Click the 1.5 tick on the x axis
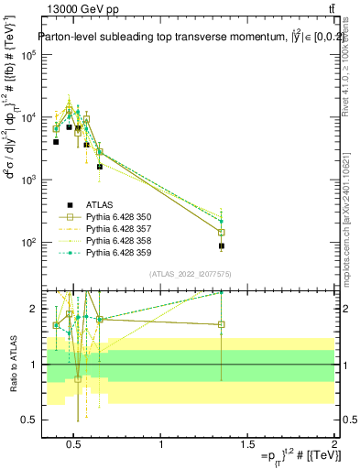248,446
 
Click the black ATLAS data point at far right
222,245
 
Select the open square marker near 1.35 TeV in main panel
222,232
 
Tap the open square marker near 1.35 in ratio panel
222,324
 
